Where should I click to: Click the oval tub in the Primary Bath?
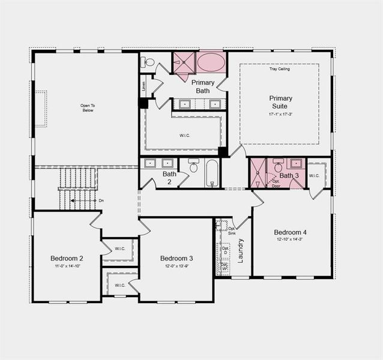(211, 62)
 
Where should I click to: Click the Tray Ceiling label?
(279, 69)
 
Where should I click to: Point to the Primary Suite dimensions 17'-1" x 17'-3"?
(280, 113)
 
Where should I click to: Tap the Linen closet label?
(144, 86)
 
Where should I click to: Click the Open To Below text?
(88, 108)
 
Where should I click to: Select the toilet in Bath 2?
(193, 166)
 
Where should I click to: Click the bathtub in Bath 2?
(213, 173)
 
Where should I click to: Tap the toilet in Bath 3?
(279, 166)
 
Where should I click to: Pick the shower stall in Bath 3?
(258, 173)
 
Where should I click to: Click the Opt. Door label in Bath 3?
(276, 183)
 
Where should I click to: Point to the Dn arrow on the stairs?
(101, 200)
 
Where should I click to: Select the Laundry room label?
(241, 251)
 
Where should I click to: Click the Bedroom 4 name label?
(291, 232)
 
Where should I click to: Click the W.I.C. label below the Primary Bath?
(185, 135)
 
